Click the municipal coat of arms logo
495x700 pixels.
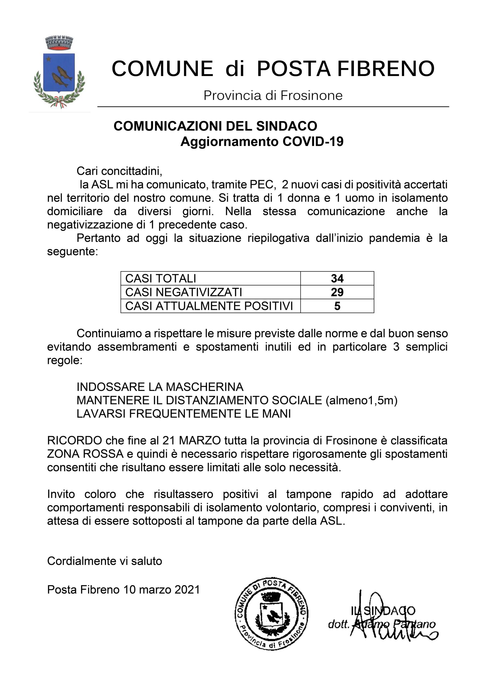click(59, 72)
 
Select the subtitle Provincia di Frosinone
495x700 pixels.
click(273, 95)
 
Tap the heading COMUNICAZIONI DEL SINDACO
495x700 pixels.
click(215, 126)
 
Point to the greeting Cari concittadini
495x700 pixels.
click(119, 171)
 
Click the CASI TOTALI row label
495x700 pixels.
click(161, 278)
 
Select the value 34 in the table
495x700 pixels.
click(337, 278)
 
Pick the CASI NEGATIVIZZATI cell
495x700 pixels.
click(184, 292)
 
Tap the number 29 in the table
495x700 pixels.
click(337, 292)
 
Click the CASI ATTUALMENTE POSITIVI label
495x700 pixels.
click(209, 306)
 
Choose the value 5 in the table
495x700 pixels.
click(337, 306)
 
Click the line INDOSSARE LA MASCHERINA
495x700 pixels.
click(160, 387)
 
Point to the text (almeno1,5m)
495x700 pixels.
click(362, 400)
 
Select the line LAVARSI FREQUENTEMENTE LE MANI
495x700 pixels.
click(184, 414)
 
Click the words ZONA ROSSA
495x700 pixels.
click(85, 454)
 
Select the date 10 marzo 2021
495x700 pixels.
click(161, 590)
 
